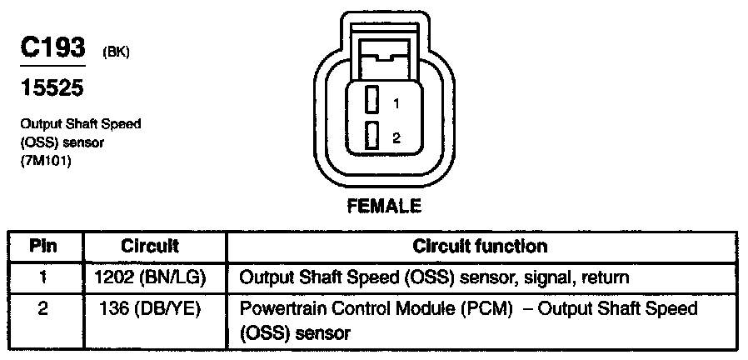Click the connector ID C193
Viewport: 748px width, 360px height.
tap(52, 47)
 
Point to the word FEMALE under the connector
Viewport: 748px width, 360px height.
tap(384, 205)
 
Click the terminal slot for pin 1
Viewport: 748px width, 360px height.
tap(373, 101)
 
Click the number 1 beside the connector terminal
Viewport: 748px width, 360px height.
tap(397, 104)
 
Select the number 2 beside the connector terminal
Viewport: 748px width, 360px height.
tap(397, 138)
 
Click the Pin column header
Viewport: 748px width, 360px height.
tap(43, 246)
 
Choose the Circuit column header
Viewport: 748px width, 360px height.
tap(150, 246)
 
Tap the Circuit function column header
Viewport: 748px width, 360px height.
tap(481, 246)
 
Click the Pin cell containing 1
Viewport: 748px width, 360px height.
tap(43, 276)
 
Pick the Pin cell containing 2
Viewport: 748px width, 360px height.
tap(43, 309)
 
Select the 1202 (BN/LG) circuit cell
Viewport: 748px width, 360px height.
tap(150, 276)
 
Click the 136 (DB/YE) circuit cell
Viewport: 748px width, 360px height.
tap(150, 309)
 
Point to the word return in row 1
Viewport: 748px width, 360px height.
tap(606, 276)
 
